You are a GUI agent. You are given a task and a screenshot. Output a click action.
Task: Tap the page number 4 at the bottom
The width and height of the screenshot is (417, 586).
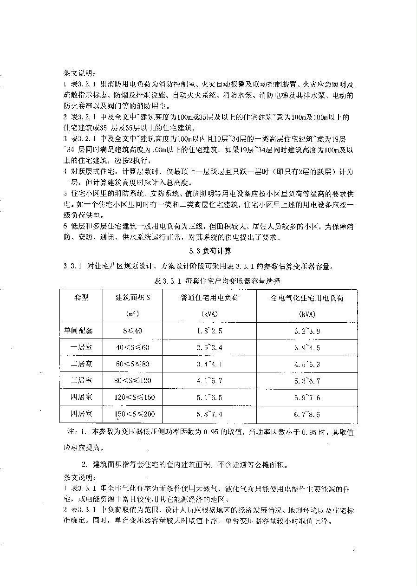pos(354,551)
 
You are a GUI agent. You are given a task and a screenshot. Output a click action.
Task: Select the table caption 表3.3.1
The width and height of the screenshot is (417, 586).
pos(217,281)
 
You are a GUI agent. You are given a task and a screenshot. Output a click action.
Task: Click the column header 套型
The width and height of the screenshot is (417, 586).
pos(81,298)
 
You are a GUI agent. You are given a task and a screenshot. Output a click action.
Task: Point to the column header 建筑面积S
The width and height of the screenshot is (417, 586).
pos(133,298)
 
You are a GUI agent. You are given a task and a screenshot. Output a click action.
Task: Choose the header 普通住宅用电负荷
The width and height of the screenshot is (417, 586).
pos(209,298)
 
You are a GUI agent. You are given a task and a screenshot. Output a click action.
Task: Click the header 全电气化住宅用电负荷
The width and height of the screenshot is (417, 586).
pos(307,298)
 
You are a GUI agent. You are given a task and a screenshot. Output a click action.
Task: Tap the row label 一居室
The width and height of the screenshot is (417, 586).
pos(81,347)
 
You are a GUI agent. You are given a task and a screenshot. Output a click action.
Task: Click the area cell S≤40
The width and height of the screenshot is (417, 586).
pos(133,331)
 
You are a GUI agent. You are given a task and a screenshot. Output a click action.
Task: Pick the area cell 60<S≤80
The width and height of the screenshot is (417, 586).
pos(133,364)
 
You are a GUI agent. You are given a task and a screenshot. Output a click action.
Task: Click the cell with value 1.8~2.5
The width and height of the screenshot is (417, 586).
pos(209,331)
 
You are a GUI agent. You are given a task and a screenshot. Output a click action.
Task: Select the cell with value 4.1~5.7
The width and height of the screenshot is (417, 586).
pos(209,381)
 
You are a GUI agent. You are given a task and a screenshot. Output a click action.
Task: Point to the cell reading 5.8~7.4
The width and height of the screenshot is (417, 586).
pos(209,414)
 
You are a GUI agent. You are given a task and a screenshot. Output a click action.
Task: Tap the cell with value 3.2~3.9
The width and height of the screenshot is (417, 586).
pos(307,331)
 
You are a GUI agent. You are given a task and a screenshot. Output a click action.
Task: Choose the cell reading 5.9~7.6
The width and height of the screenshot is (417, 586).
pos(307,397)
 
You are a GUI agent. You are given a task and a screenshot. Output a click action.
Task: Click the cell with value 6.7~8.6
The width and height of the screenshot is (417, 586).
pos(307,414)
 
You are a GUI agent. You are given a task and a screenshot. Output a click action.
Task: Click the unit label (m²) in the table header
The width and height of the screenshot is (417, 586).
pos(133,314)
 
